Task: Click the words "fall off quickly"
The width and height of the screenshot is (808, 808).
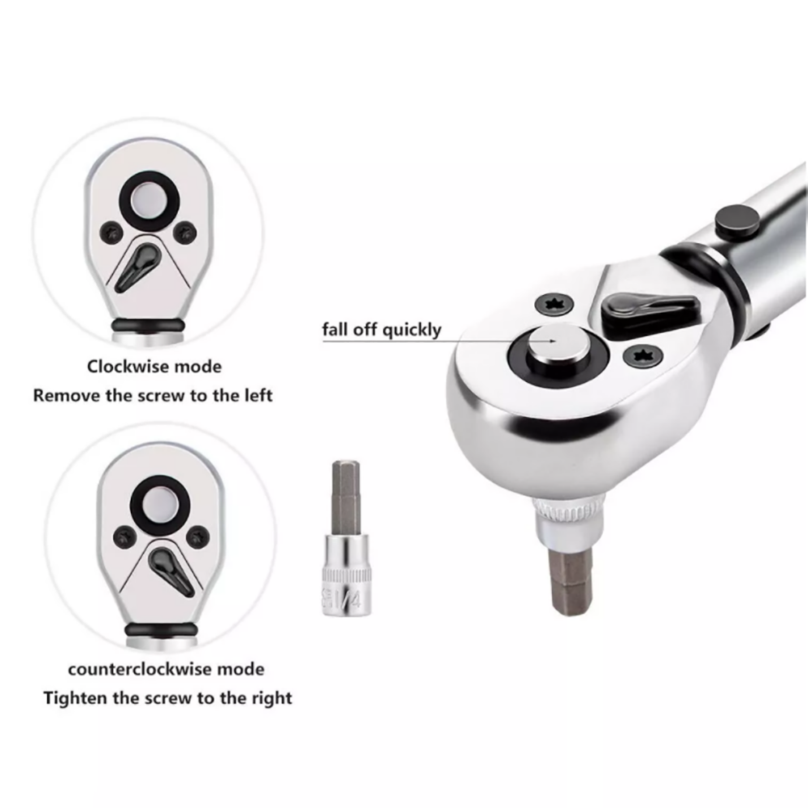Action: [x=381, y=330]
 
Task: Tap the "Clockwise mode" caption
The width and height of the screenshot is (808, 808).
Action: [x=154, y=366]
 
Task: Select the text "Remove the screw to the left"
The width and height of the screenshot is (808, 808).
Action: [x=153, y=395]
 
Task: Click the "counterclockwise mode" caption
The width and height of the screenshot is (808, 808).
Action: [x=166, y=669]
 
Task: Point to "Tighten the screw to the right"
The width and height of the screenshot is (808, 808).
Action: [x=167, y=698]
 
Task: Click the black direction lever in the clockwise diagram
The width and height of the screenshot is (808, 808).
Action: [x=136, y=266]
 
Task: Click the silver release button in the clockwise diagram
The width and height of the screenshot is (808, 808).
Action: [x=149, y=200]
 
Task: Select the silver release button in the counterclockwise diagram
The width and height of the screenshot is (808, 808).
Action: [x=160, y=504]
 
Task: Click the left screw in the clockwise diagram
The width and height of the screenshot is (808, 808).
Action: [x=112, y=233]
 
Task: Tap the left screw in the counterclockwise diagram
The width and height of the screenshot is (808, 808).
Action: [x=124, y=537]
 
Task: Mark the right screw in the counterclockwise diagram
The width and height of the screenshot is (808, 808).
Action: [x=198, y=537]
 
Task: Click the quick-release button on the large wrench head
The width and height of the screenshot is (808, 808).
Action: [x=558, y=348]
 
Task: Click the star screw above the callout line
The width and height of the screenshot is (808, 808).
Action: [x=554, y=304]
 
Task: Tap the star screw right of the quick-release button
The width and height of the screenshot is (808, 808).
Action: [x=642, y=356]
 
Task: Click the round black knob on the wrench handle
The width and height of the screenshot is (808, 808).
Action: [x=737, y=221]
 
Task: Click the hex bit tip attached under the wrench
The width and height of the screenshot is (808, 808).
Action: [x=571, y=581]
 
